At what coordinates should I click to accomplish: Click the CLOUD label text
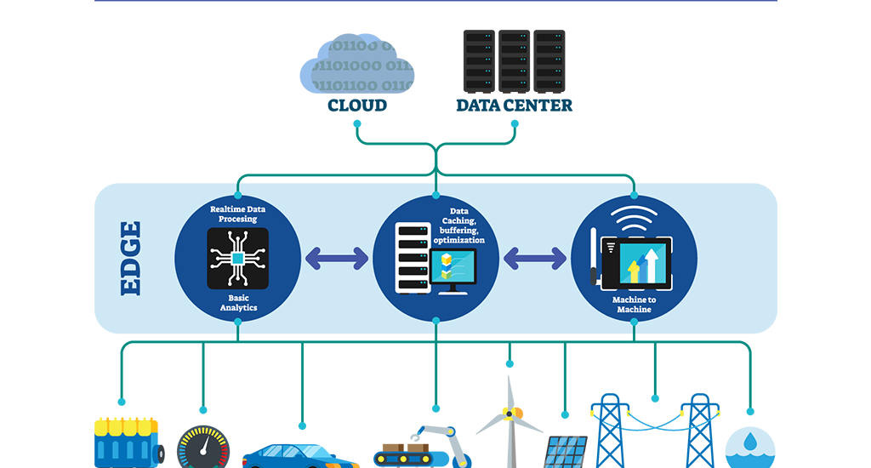(x=357, y=106)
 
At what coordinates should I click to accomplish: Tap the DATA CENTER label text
(x=514, y=106)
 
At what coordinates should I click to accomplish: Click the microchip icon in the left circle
(x=238, y=258)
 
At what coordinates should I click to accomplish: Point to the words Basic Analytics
(x=238, y=302)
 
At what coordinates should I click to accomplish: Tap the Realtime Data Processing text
(x=238, y=214)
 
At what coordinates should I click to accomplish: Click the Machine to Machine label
(x=634, y=305)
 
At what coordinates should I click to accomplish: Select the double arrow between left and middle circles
(x=337, y=258)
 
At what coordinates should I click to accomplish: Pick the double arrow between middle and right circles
(x=535, y=258)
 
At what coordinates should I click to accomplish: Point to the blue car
(x=298, y=454)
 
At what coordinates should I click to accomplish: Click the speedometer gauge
(x=202, y=448)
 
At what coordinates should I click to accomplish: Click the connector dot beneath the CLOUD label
(x=358, y=123)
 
